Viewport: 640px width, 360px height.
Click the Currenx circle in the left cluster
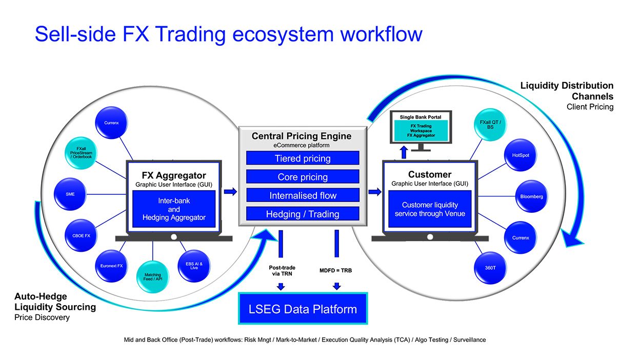coord(111,123)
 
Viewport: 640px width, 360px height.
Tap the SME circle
coord(70,194)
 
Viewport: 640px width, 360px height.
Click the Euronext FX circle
coord(111,266)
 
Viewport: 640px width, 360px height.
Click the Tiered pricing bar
coord(303,158)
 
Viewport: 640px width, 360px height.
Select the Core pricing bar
coord(303,177)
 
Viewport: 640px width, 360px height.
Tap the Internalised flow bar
coord(303,195)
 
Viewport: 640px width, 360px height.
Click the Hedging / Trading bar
coord(303,214)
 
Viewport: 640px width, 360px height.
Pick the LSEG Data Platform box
coord(303,309)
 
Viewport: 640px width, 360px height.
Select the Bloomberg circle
coord(531,196)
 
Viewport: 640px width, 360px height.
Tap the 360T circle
coord(490,268)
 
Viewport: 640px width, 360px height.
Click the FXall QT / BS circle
coord(490,125)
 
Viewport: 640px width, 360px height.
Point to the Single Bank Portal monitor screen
coord(421,128)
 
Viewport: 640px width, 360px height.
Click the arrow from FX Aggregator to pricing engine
coord(230,192)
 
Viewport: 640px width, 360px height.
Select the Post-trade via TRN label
coord(280,270)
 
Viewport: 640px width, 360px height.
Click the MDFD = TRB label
coord(336,270)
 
